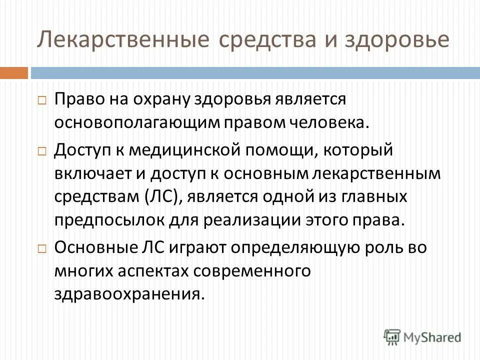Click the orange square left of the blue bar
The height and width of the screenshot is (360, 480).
point(13,73)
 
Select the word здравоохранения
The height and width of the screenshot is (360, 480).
point(129,294)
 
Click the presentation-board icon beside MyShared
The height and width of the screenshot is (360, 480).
point(392,337)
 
